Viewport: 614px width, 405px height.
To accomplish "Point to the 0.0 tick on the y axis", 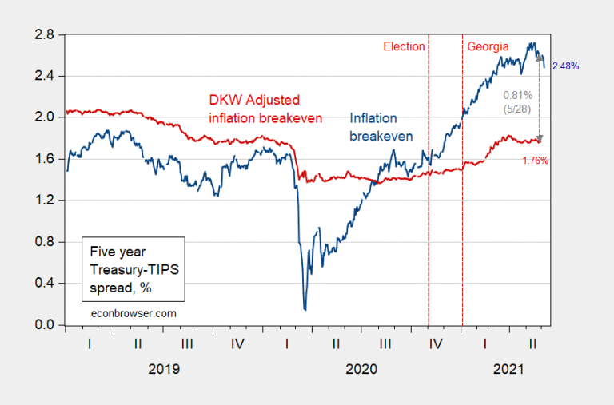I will click(44, 325).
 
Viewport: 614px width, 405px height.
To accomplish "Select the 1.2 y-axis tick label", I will click(44, 201).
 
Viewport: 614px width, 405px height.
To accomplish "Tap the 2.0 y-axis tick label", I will click(44, 117).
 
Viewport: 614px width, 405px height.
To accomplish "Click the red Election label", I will click(404, 46).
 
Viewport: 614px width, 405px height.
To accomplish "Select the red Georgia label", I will click(488, 46).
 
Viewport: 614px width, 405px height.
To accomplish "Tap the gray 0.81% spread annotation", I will click(516, 94).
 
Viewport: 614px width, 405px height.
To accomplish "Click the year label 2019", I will click(163, 370).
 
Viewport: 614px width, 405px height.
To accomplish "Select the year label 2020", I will click(361, 370).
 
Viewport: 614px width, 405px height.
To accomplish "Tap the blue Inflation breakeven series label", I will click(381, 127).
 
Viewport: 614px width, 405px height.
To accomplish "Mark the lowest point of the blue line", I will click(305, 309).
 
